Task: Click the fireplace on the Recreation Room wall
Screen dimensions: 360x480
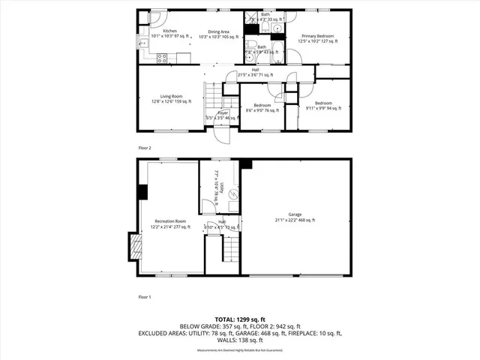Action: (x=135, y=247)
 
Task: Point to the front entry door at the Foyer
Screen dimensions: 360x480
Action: (x=222, y=135)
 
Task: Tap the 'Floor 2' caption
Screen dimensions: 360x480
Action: (x=145, y=148)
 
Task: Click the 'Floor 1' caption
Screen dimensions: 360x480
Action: (x=145, y=297)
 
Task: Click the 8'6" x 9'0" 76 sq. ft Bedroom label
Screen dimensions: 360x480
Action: (x=262, y=108)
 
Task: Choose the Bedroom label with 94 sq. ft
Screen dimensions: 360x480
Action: (x=323, y=105)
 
